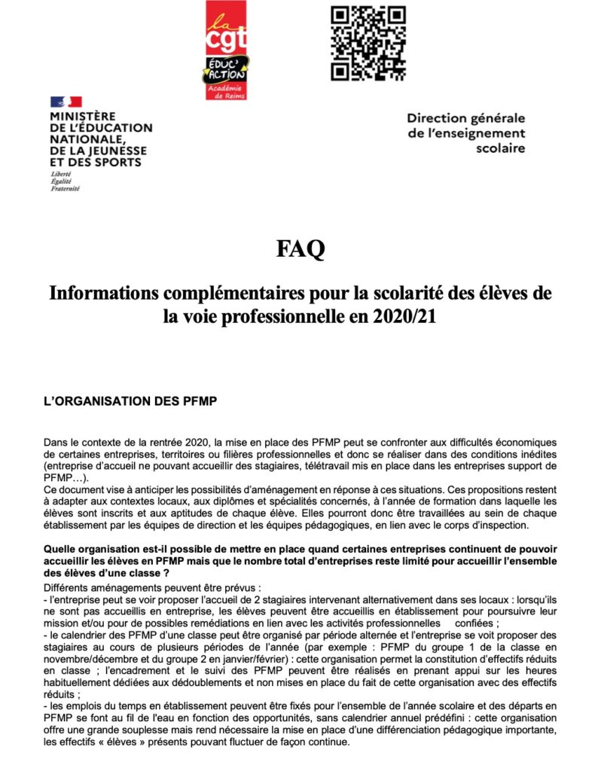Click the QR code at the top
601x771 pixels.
[368, 43]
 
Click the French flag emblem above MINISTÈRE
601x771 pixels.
[66, 102]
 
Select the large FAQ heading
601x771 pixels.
[300, 248]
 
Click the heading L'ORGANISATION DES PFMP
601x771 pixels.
[130, 401]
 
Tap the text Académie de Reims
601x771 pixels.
[227, 92]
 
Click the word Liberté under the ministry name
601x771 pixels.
[59, 174]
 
